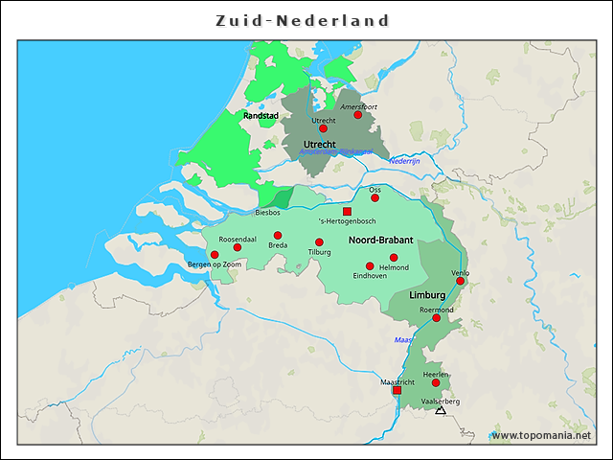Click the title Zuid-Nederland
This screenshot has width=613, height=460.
[x=302, y=20]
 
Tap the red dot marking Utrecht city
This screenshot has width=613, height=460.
[x=323, y=128]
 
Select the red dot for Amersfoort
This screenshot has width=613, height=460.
[x=358, y=115]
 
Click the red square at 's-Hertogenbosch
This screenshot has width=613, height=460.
[x=348, y=211]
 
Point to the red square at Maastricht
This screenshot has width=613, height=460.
[x=397, y=390]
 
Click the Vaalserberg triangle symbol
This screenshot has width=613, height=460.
[x=441, y=410]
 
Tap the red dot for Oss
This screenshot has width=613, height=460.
[x=375, y=198]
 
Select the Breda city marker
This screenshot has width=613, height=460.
[x=278, y=235]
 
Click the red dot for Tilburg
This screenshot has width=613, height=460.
[x=319, y=242]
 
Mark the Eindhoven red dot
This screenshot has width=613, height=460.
[x=370, y=265]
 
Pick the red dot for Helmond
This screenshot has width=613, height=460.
[x=394, y=258]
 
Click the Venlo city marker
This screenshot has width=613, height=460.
[x=461, y=281]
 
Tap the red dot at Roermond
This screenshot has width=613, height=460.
[x=437, y=318]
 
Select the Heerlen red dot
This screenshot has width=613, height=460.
[x=436, y=382]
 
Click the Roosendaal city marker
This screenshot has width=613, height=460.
[x=238, y=247]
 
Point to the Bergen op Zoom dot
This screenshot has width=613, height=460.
[x=215, y=255]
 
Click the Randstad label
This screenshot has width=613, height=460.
[x=261, y=115]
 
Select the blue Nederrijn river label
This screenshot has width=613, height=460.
[x=405, y=161]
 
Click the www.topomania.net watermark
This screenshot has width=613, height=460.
[x=541, y=436]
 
